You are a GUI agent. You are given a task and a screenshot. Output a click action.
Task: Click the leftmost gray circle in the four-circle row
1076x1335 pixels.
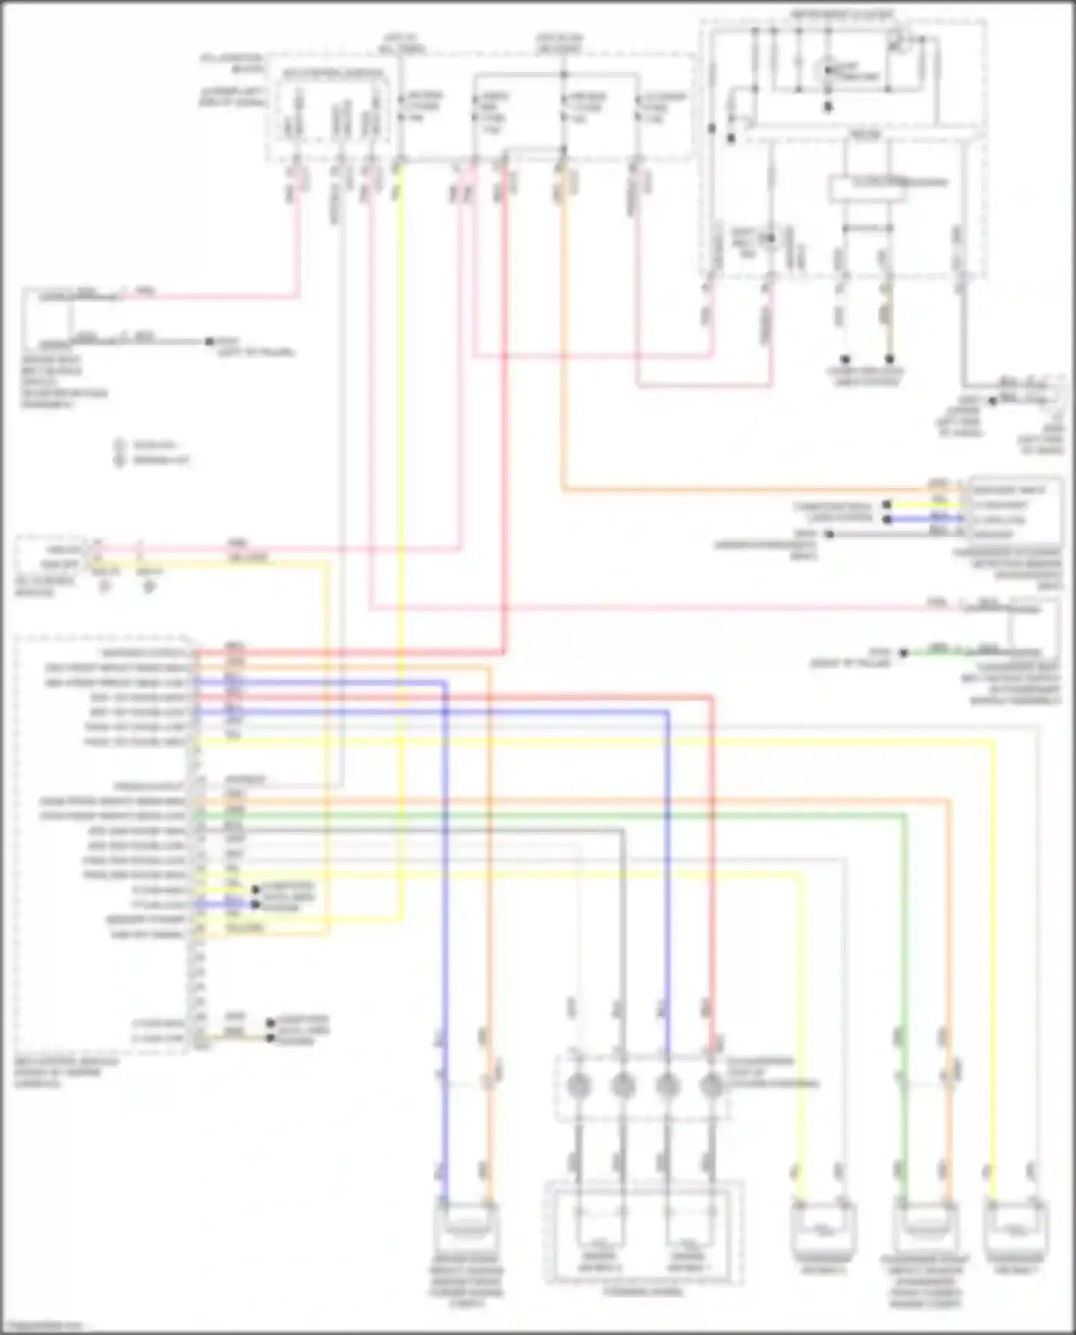(578, 1085)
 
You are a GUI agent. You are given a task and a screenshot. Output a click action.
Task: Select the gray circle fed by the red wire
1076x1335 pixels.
(712, 1085)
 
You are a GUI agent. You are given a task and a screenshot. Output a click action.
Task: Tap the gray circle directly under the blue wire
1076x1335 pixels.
(667, 1085)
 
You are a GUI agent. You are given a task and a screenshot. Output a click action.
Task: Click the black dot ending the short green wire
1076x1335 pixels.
(904, 653)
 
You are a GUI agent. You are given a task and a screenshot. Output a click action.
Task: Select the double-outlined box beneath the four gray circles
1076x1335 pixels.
(643, 1234)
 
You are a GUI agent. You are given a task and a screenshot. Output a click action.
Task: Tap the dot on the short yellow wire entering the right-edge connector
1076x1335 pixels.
(887, 505)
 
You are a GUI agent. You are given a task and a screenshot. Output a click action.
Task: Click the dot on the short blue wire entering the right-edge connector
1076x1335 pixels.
(887, 519)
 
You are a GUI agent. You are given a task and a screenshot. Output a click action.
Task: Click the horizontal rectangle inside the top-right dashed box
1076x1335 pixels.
(867, 188)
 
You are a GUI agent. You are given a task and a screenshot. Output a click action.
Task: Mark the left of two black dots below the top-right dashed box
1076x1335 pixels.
(845, 359)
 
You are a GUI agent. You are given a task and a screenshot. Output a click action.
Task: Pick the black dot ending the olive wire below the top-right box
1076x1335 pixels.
(889, 359)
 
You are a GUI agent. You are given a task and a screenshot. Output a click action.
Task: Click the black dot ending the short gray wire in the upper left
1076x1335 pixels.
(210, 341)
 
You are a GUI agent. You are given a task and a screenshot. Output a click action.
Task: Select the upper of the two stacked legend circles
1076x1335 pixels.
(120, 445)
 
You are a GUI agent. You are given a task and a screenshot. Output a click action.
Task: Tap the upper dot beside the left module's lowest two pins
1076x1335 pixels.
(271, 1023)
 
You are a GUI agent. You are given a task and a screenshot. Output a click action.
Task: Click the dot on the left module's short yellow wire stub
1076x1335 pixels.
(255, 890)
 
